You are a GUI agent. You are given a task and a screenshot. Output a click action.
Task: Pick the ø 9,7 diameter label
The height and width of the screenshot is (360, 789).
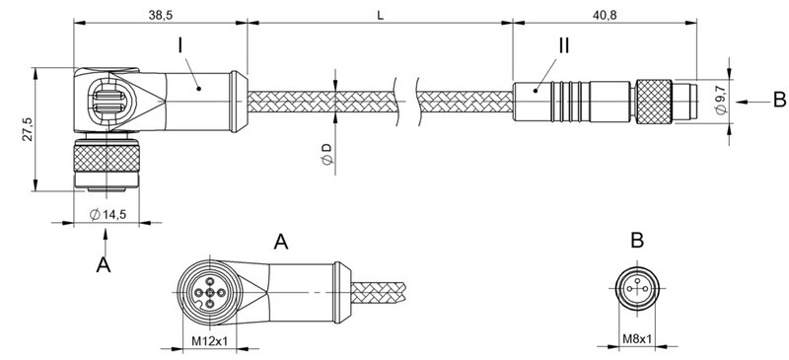(723, 101)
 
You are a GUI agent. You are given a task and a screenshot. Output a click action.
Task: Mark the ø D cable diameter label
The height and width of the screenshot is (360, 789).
(324, 152)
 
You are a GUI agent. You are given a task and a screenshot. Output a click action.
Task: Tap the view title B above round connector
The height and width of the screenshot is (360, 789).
(636, 242)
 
